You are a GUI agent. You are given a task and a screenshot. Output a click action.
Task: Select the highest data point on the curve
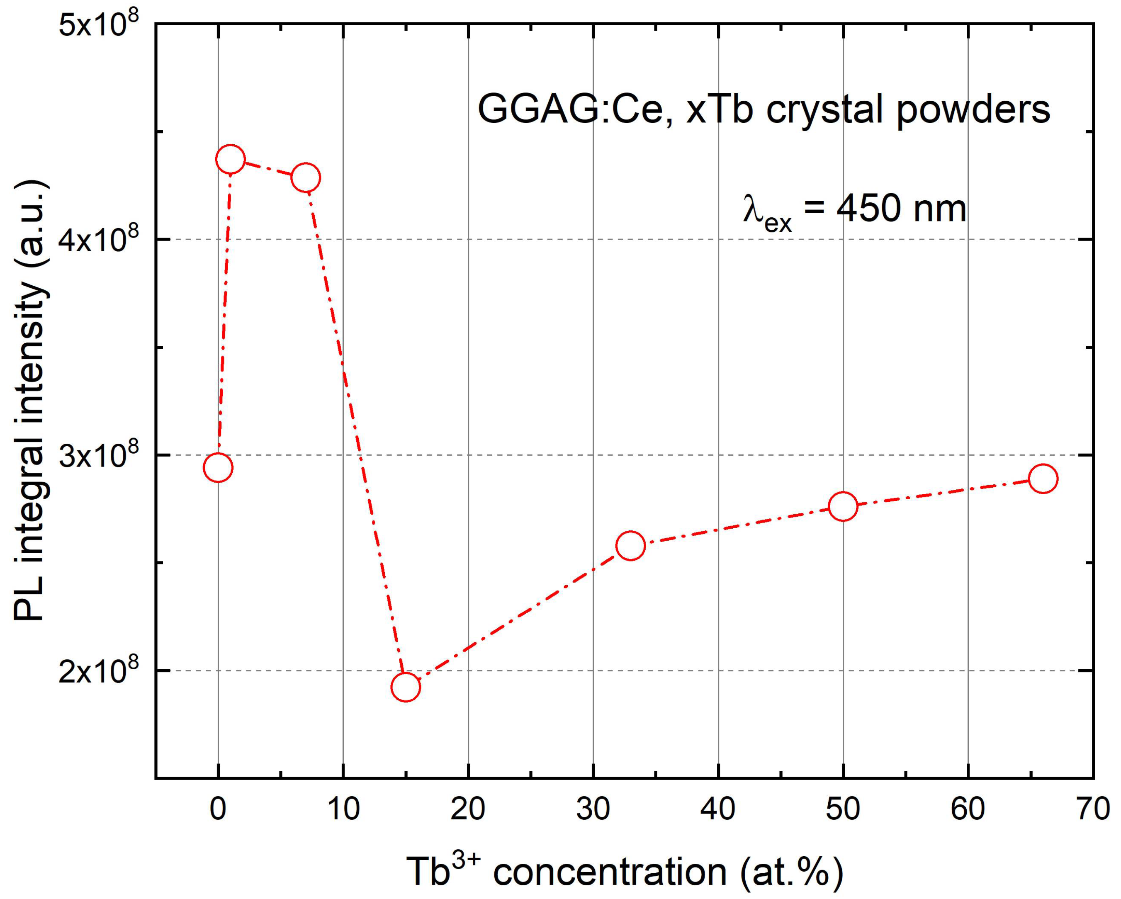(x=230, y=159)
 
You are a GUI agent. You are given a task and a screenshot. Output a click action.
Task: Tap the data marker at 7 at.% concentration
(x=306, y=178)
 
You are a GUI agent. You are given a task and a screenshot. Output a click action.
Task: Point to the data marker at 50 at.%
(x=843, y=506)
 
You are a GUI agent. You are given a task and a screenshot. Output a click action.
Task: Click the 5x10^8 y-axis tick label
(x=99, y=26)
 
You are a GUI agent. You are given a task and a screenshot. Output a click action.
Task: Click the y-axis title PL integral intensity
(x=31, y=401)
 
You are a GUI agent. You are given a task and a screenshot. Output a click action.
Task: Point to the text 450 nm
(x=901, y=209)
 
